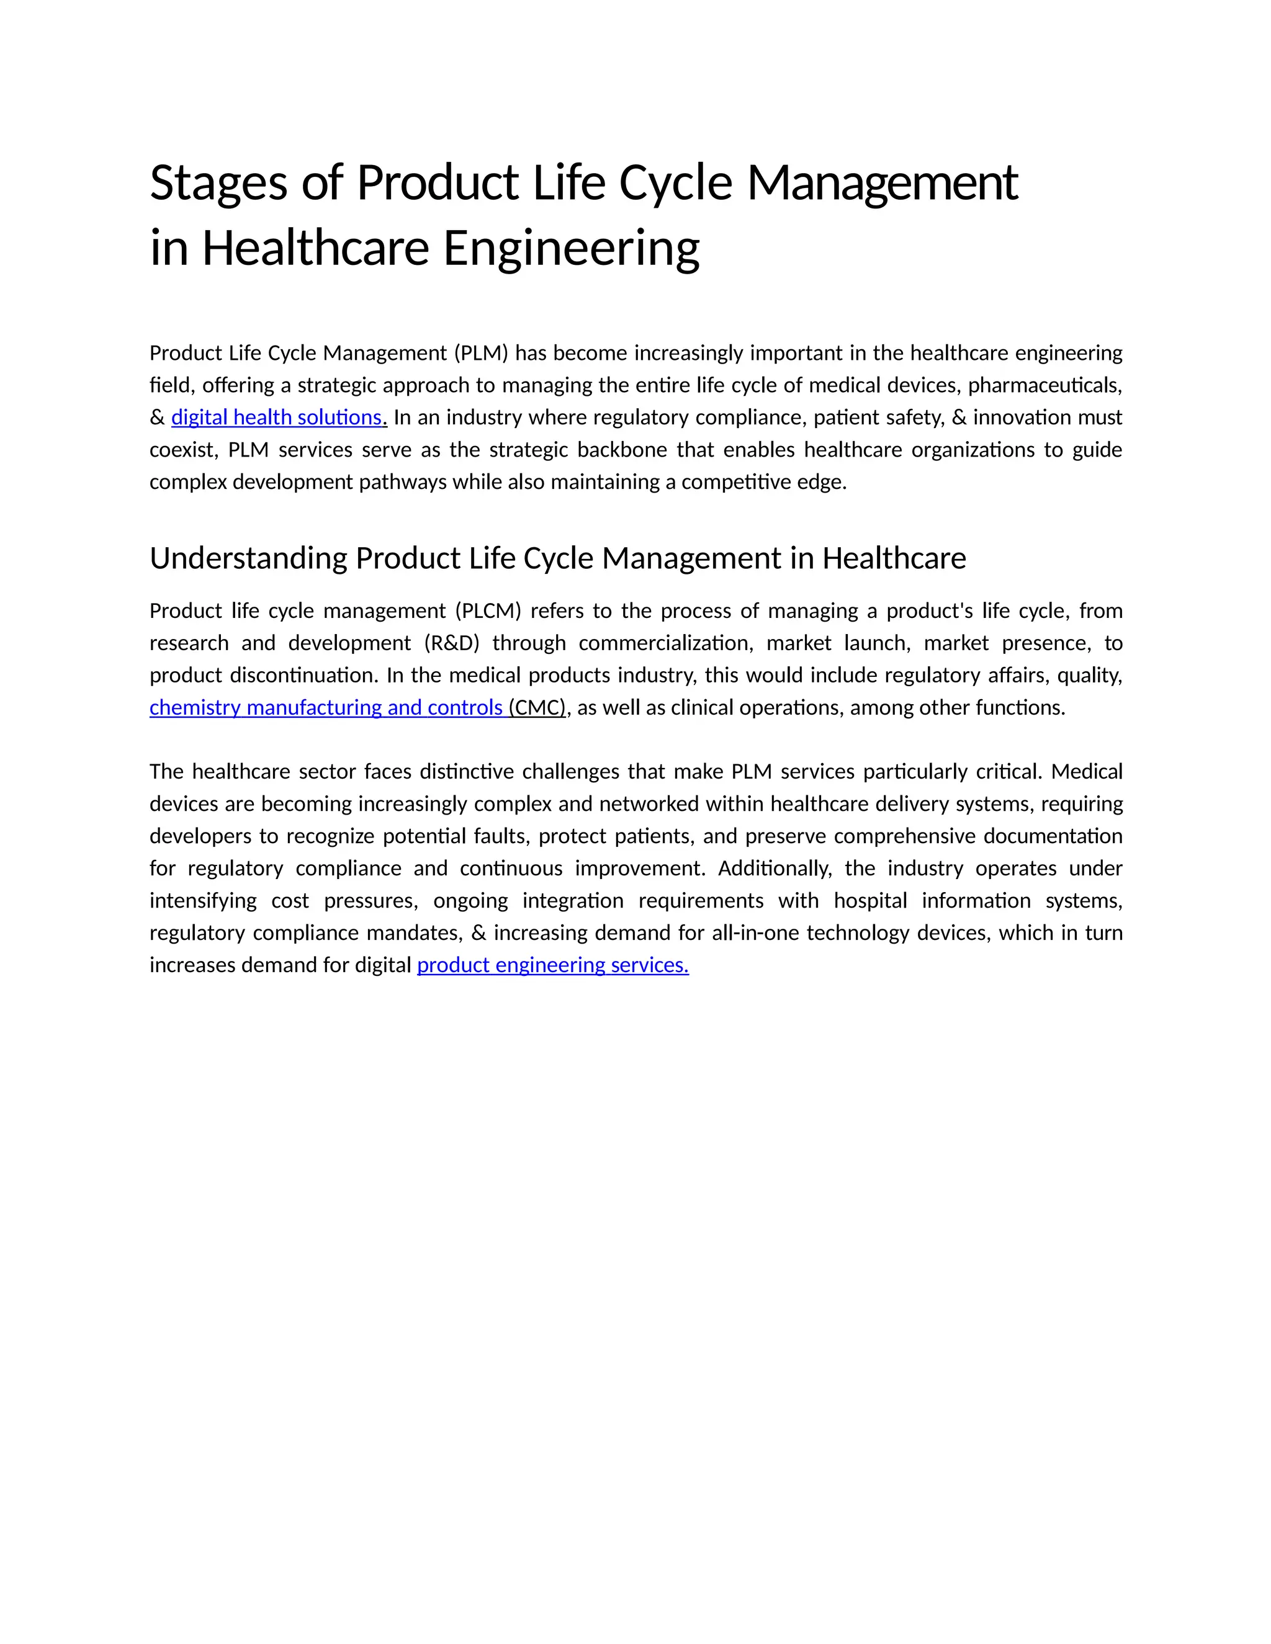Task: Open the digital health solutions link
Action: [x=277, y=417]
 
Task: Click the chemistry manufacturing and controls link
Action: [x=326, y=708]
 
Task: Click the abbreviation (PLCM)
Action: [x=488, y=610]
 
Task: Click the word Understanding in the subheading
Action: [x=248, y=558]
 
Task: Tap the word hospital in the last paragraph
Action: [x=869, y=900]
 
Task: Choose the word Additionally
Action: [x=775, y=868]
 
